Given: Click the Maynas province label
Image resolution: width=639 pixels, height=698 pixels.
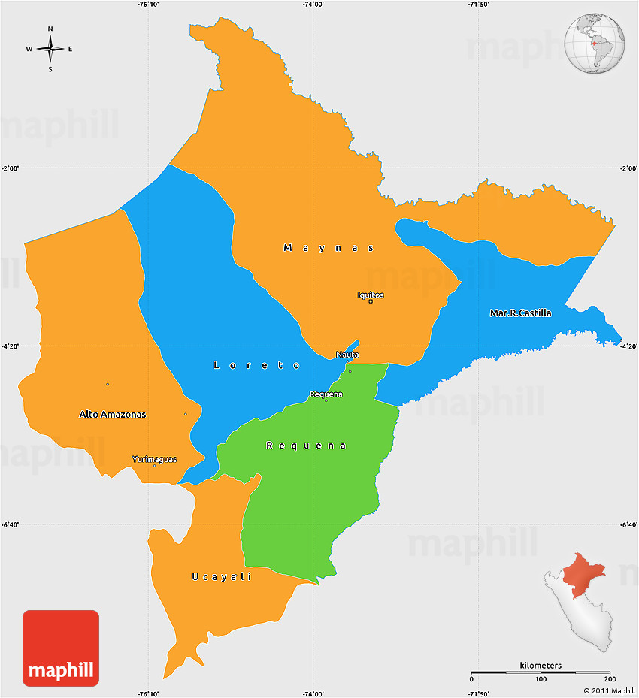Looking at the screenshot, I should point(329,247).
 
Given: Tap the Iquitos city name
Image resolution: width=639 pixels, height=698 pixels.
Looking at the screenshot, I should point(371,295).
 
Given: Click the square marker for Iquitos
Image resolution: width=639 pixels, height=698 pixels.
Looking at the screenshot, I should point(371,301).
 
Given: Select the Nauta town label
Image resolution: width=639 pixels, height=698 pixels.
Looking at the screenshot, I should point(347,354).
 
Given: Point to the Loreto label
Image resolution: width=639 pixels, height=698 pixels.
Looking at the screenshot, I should point(257,365).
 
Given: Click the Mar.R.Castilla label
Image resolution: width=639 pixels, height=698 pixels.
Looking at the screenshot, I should point(520,313).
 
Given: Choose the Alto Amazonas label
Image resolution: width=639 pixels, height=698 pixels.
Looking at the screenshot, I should point(113,414).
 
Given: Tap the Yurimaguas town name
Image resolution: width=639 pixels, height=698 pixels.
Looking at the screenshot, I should point(154,459).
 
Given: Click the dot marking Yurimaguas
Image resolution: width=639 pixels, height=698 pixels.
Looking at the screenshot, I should point(155,466).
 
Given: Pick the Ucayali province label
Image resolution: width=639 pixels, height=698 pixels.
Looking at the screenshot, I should point(221,576).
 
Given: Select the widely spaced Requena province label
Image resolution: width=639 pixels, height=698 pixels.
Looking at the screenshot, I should point(307,446).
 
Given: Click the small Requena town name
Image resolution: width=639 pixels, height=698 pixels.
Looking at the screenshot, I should point(326,394).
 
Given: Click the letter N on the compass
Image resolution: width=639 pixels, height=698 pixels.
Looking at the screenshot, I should point(50,29).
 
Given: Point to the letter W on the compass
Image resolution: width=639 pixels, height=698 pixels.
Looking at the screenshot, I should point(29,50).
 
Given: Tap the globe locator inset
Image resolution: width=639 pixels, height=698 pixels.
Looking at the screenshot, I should point(595,42).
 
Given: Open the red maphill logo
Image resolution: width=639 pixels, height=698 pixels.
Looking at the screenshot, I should point(61,648).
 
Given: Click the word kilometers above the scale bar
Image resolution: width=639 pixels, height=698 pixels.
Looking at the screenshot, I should point(541,666).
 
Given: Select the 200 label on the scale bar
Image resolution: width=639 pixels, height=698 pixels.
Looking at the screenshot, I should point(608,679).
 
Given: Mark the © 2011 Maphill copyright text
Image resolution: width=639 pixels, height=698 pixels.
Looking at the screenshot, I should point(608,690).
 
